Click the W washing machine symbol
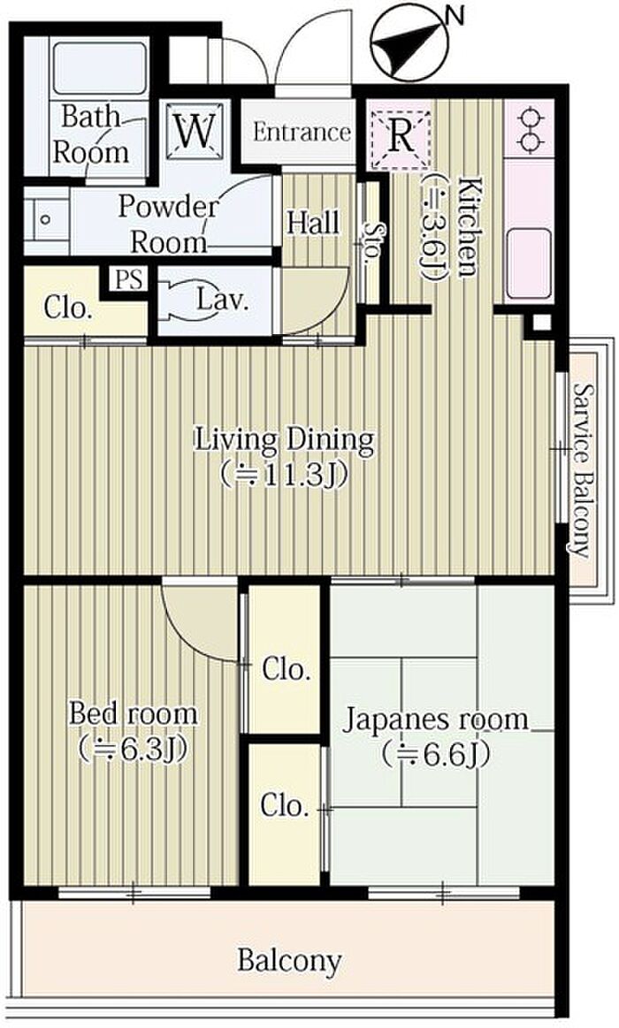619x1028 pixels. (195, 132)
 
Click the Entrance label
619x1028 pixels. (302, 132)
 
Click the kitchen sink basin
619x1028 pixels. (529, 262)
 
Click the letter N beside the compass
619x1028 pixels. (455, 15)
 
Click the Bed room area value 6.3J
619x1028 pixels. (134, 748)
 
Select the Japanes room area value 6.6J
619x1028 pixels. (435, 754)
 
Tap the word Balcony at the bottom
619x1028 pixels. (289, 961)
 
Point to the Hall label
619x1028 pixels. (314, 223)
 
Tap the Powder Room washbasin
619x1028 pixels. (46, 219)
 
